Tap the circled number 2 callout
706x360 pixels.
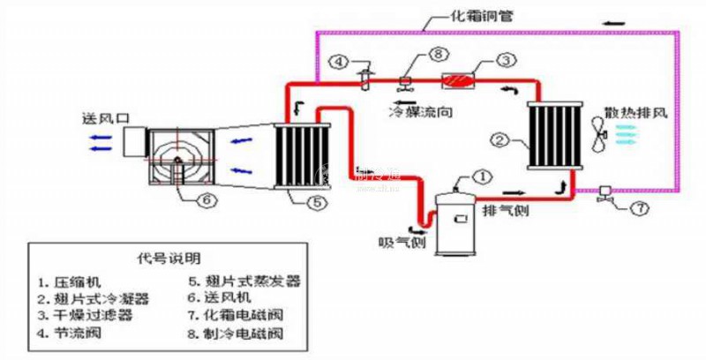pos(499,139)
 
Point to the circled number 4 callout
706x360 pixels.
pos(340,62)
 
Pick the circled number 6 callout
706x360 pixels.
pos(205,199)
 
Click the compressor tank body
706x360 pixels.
pos(460,221)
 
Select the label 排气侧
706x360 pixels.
pos(503,213)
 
